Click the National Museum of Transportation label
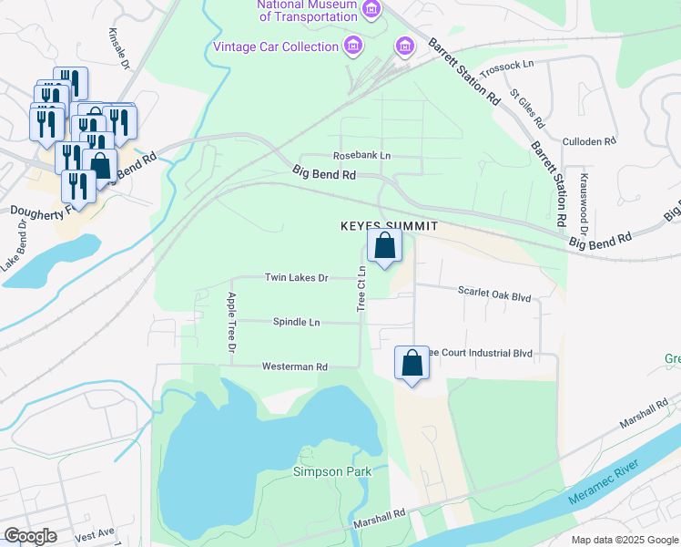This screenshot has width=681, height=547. point(307,10)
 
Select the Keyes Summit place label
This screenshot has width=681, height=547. point(389,225)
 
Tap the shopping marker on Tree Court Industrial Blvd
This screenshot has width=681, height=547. point(412,363)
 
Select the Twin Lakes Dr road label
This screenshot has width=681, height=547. point(296,277)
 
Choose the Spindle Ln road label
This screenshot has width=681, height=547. point(297,322)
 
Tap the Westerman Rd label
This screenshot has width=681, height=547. point(294,366)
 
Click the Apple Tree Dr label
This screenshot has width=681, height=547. point(231,323)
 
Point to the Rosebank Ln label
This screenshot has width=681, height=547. point(361,156)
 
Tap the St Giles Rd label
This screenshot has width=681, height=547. point(527,108)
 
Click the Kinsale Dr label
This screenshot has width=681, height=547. point(119,46)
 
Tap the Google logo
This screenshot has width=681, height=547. point(31,536)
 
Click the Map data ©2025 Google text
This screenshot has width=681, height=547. point(624,539)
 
